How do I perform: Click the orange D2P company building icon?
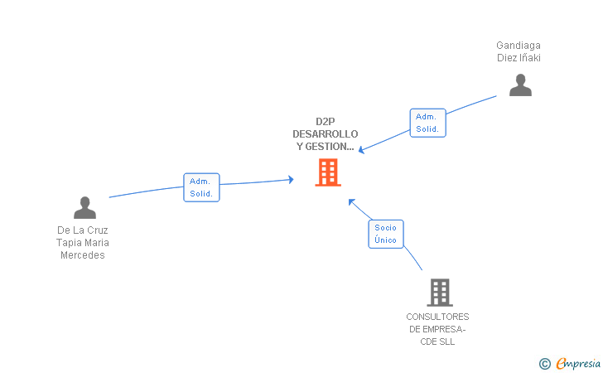(x=328, y=172)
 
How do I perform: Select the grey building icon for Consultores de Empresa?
(x=439, y=292)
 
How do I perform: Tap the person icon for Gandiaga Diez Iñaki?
(x=520, y=85)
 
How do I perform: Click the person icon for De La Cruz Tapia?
(x=84, y=207)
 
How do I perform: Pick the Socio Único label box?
(x=385, y=234)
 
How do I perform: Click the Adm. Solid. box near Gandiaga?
(x=427, y=123)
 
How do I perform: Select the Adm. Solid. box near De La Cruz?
(x=201, y=187)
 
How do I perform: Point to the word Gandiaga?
(x=519, y=46)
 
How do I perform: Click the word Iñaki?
(x=530, y=58)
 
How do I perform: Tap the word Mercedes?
(x=83, y=255)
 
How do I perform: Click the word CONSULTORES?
(x=437, y=317)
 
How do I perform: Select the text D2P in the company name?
(x=326, y=121)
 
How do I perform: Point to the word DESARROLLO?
(x=326, y=133)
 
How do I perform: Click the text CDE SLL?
(x=438, y=342)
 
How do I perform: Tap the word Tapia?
(x=70, y=243)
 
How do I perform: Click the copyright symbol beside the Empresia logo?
(x=544, y=363)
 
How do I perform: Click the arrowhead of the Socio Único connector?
(x=351, y=201)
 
